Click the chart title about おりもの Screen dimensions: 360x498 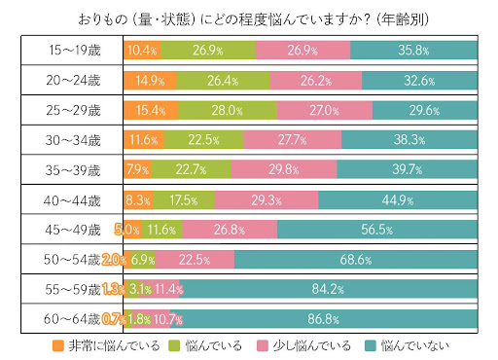[249, 18]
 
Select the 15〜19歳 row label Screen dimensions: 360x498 [74, 50]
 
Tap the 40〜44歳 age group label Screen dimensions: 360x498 [74, 200]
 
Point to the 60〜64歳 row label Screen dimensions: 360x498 [74, 319]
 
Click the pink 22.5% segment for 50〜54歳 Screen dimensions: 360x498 [194, 260]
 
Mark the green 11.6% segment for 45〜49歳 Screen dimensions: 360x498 [161, 231]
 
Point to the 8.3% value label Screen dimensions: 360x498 [137, 200]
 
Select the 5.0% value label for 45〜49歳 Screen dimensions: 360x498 [127, 231]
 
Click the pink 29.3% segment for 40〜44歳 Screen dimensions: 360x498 [266, 200]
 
